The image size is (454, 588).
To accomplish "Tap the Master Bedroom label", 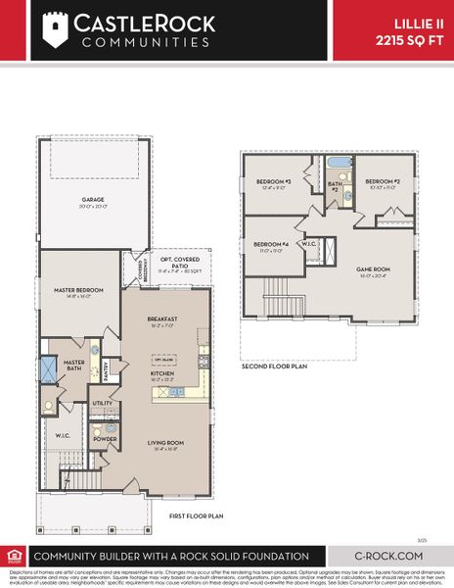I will (73, 289).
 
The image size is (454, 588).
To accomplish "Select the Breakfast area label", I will (162, 318).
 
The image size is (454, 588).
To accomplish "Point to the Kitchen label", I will (161, 373).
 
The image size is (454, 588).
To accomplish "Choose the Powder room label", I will (104, 440).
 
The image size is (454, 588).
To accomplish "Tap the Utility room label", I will (103, 403).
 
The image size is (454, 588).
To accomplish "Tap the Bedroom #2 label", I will (384, 181).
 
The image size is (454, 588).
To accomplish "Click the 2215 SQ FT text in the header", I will (410, 40).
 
